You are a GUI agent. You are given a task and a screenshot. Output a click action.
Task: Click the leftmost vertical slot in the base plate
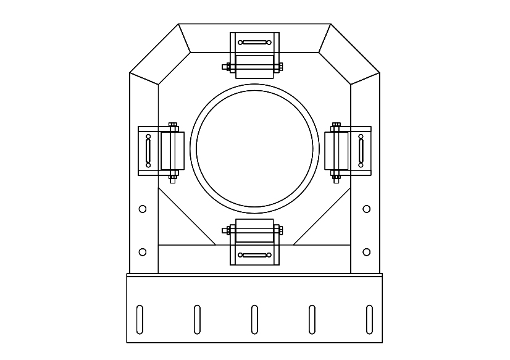(x=140, y=319)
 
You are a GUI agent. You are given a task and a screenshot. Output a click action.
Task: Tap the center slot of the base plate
(x=254, y=319)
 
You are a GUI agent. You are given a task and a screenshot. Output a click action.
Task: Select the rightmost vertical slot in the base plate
(x=369, y=319)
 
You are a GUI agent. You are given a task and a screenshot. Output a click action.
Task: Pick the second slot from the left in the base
(x=197, y=319)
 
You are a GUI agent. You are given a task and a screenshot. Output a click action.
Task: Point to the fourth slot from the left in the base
(x=312, y=319)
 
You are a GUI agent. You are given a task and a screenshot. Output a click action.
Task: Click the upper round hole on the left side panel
(x=143, y=209)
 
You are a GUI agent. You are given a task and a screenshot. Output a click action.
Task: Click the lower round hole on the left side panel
(x=143, y=252)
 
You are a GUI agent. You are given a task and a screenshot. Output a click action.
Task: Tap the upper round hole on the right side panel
(x=367, y=209)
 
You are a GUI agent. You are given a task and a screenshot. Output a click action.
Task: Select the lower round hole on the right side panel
(x=367, y=252)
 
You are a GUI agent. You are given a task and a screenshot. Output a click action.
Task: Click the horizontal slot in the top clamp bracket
(x=254, y=43)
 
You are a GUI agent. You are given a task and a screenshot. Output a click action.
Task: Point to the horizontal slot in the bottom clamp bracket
(x=254, y=255)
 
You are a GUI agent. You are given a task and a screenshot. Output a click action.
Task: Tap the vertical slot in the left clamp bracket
(x=148, y=151)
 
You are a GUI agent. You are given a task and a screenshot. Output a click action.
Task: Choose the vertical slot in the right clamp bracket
(x=361, y=151)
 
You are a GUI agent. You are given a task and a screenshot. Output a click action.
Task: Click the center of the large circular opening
(x=254, y=149)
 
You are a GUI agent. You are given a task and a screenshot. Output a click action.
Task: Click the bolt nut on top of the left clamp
(x=173, y=125)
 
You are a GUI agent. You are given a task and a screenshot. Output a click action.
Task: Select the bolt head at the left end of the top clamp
(x=226, y=67)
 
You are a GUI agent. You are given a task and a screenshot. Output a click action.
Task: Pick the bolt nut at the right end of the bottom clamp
(x=281, y=230)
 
